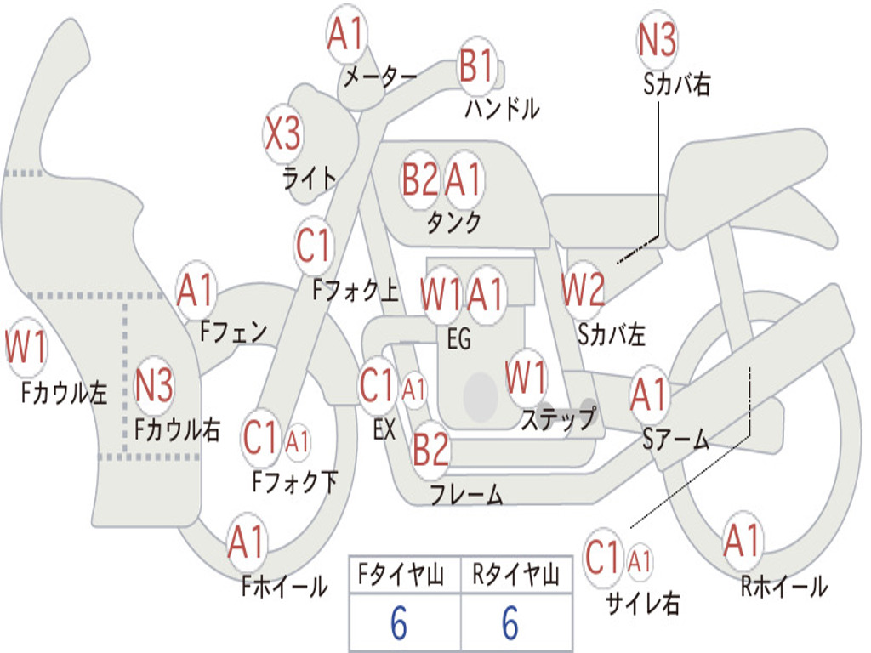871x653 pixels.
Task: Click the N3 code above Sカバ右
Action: (657, 39)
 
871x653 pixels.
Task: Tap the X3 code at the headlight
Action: (282, 133)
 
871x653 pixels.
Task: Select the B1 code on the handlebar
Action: (476, 65)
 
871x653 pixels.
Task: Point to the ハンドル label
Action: (502, 108)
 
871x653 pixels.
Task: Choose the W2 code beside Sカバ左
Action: (583, 289)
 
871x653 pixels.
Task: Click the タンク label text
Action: (454, 222)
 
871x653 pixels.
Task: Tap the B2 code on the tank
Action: (419, 179)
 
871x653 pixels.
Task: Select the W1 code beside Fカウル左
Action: (26, 347)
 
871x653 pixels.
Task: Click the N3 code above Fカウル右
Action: (154, 385)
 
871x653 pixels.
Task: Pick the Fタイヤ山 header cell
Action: (401, 574)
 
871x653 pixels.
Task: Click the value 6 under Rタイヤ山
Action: (510, 623)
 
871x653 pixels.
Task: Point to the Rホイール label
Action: (784, 586)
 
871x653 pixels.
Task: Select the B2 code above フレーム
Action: (430, 449)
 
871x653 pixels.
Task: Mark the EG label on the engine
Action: (458, 338)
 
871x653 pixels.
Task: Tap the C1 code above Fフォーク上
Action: (313, 245)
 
